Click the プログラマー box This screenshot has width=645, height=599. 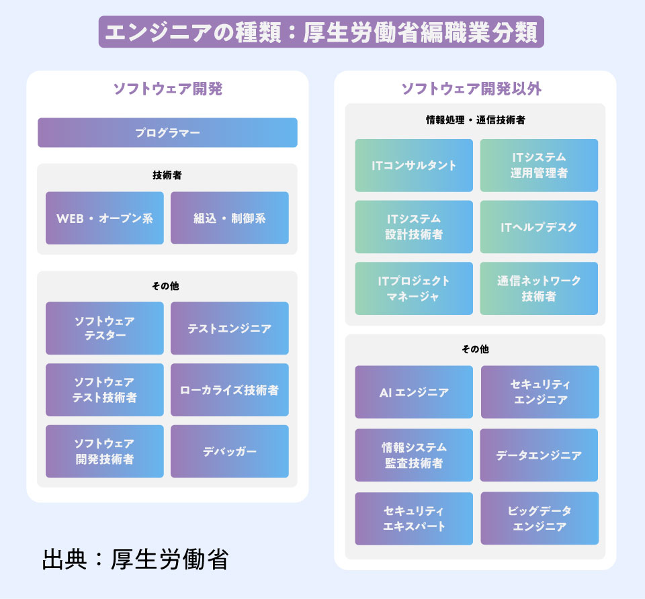pyautogui.click(x=167, y=133)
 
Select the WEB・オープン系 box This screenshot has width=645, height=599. pyautogui.click(x=105, y=218)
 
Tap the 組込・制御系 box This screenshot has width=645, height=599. pyautogui.click(x=230, y=218)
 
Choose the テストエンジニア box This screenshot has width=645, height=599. pyautogui.click(x=230, y=328)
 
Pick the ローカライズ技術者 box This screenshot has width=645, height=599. pyautogui.click(x=230, y=390)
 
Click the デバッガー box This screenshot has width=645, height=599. pyautogui.click(x=230, y=451)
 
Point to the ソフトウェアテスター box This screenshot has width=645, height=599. pyautogui.click(x=105, y=328)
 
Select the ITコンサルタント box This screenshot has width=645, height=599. pyautogui.click(x=414, y=165)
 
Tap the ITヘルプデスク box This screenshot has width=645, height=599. pyautogui.click(x=539, y=227)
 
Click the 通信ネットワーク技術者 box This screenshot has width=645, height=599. pyautogui.click(x=539, y=288)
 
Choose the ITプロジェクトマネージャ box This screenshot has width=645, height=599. pyautogui.click(x=414, y=288)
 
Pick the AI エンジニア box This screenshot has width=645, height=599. pyautogui.click(x=414, y=392)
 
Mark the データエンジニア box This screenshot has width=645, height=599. pyautogui.click(x=539, y=455)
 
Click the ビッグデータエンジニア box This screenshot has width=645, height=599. pyautogui.click(x=539, y=518)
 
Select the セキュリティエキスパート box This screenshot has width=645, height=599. pyautogui.click(x=414, y=518)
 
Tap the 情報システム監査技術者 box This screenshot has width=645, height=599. pyautogui.click(x=414, y=455)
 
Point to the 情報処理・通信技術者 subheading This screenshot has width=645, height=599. pyautogui.click(x=475, y=120)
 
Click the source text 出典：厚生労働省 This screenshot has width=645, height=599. pyautogui.click(x=134, y=559)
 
